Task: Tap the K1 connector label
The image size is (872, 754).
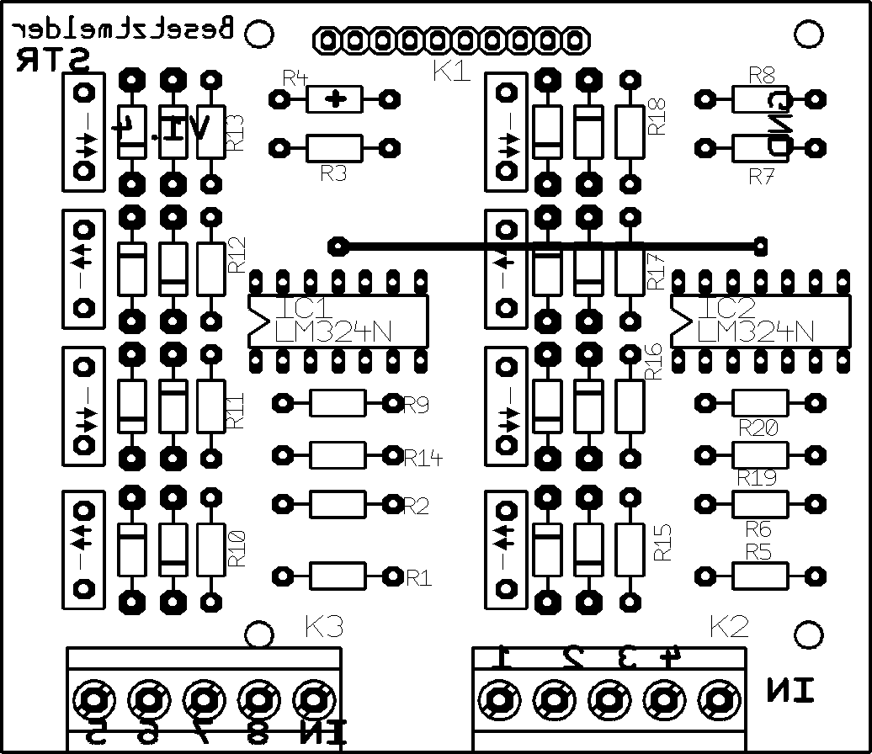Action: (x=451, y=72)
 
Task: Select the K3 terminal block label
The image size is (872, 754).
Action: (x=324, y=627)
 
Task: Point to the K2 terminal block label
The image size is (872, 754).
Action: (x=729, y=627)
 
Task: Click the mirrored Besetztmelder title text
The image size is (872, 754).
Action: (x=123, y=30)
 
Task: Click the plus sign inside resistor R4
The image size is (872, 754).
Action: (x=338, y=99)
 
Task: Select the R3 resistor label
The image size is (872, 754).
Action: (x=334, y=174)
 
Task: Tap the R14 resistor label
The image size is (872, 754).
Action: (x=423, y=458)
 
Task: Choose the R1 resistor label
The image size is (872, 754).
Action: (x=419, y=578)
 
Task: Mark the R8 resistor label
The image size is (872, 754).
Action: (x=762, y=74)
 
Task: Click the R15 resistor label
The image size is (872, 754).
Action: (x=663, y=543)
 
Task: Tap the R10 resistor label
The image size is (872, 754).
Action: (x=237, y=547)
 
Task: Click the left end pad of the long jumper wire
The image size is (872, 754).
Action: (x=338, y=247)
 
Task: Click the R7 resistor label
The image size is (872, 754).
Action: (x=762, y=177)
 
